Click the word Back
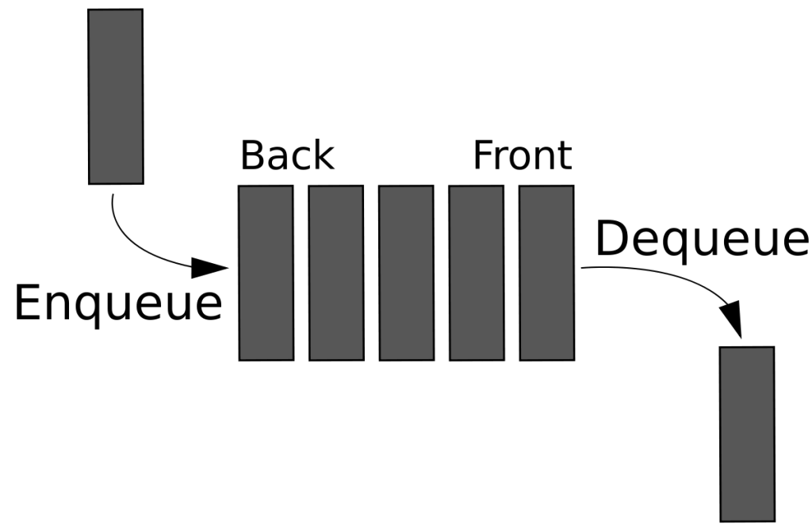click(287, 155)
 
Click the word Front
click(523, 155)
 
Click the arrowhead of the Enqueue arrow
click(210, 268)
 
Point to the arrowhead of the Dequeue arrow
click(732, 319)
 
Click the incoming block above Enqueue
click(116, 96)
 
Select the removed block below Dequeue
click(747, 434)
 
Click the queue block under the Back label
click(266, 273)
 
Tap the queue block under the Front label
click(547, 273)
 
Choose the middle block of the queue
click(407, 273)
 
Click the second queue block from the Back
click(336, 273)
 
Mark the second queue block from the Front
click(477, 273)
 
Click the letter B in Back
click(253, 155)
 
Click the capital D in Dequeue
click(611, 238)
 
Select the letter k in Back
click(324, 155)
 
